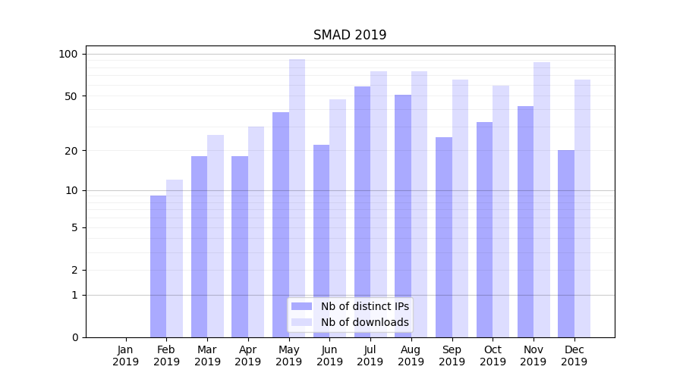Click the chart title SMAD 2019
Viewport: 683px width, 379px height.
click(350, 35)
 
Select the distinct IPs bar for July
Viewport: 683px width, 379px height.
click(362, 212)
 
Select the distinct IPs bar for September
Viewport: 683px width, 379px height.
click(444, 237)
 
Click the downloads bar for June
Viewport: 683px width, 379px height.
click(338, 218)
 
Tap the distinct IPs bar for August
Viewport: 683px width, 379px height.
click(403, 216)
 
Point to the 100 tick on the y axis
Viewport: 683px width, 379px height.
click(68, 54)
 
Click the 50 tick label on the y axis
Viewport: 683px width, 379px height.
click(71, 96)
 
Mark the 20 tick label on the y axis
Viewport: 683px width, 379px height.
click(71, 151)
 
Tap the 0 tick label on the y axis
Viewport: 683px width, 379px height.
click(74, 337)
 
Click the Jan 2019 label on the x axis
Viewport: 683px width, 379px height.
click(126, 356)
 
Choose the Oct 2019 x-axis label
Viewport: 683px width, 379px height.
click(493, 356)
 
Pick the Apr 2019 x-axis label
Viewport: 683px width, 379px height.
click(248, 356)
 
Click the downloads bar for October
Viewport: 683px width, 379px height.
click(501, 211)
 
